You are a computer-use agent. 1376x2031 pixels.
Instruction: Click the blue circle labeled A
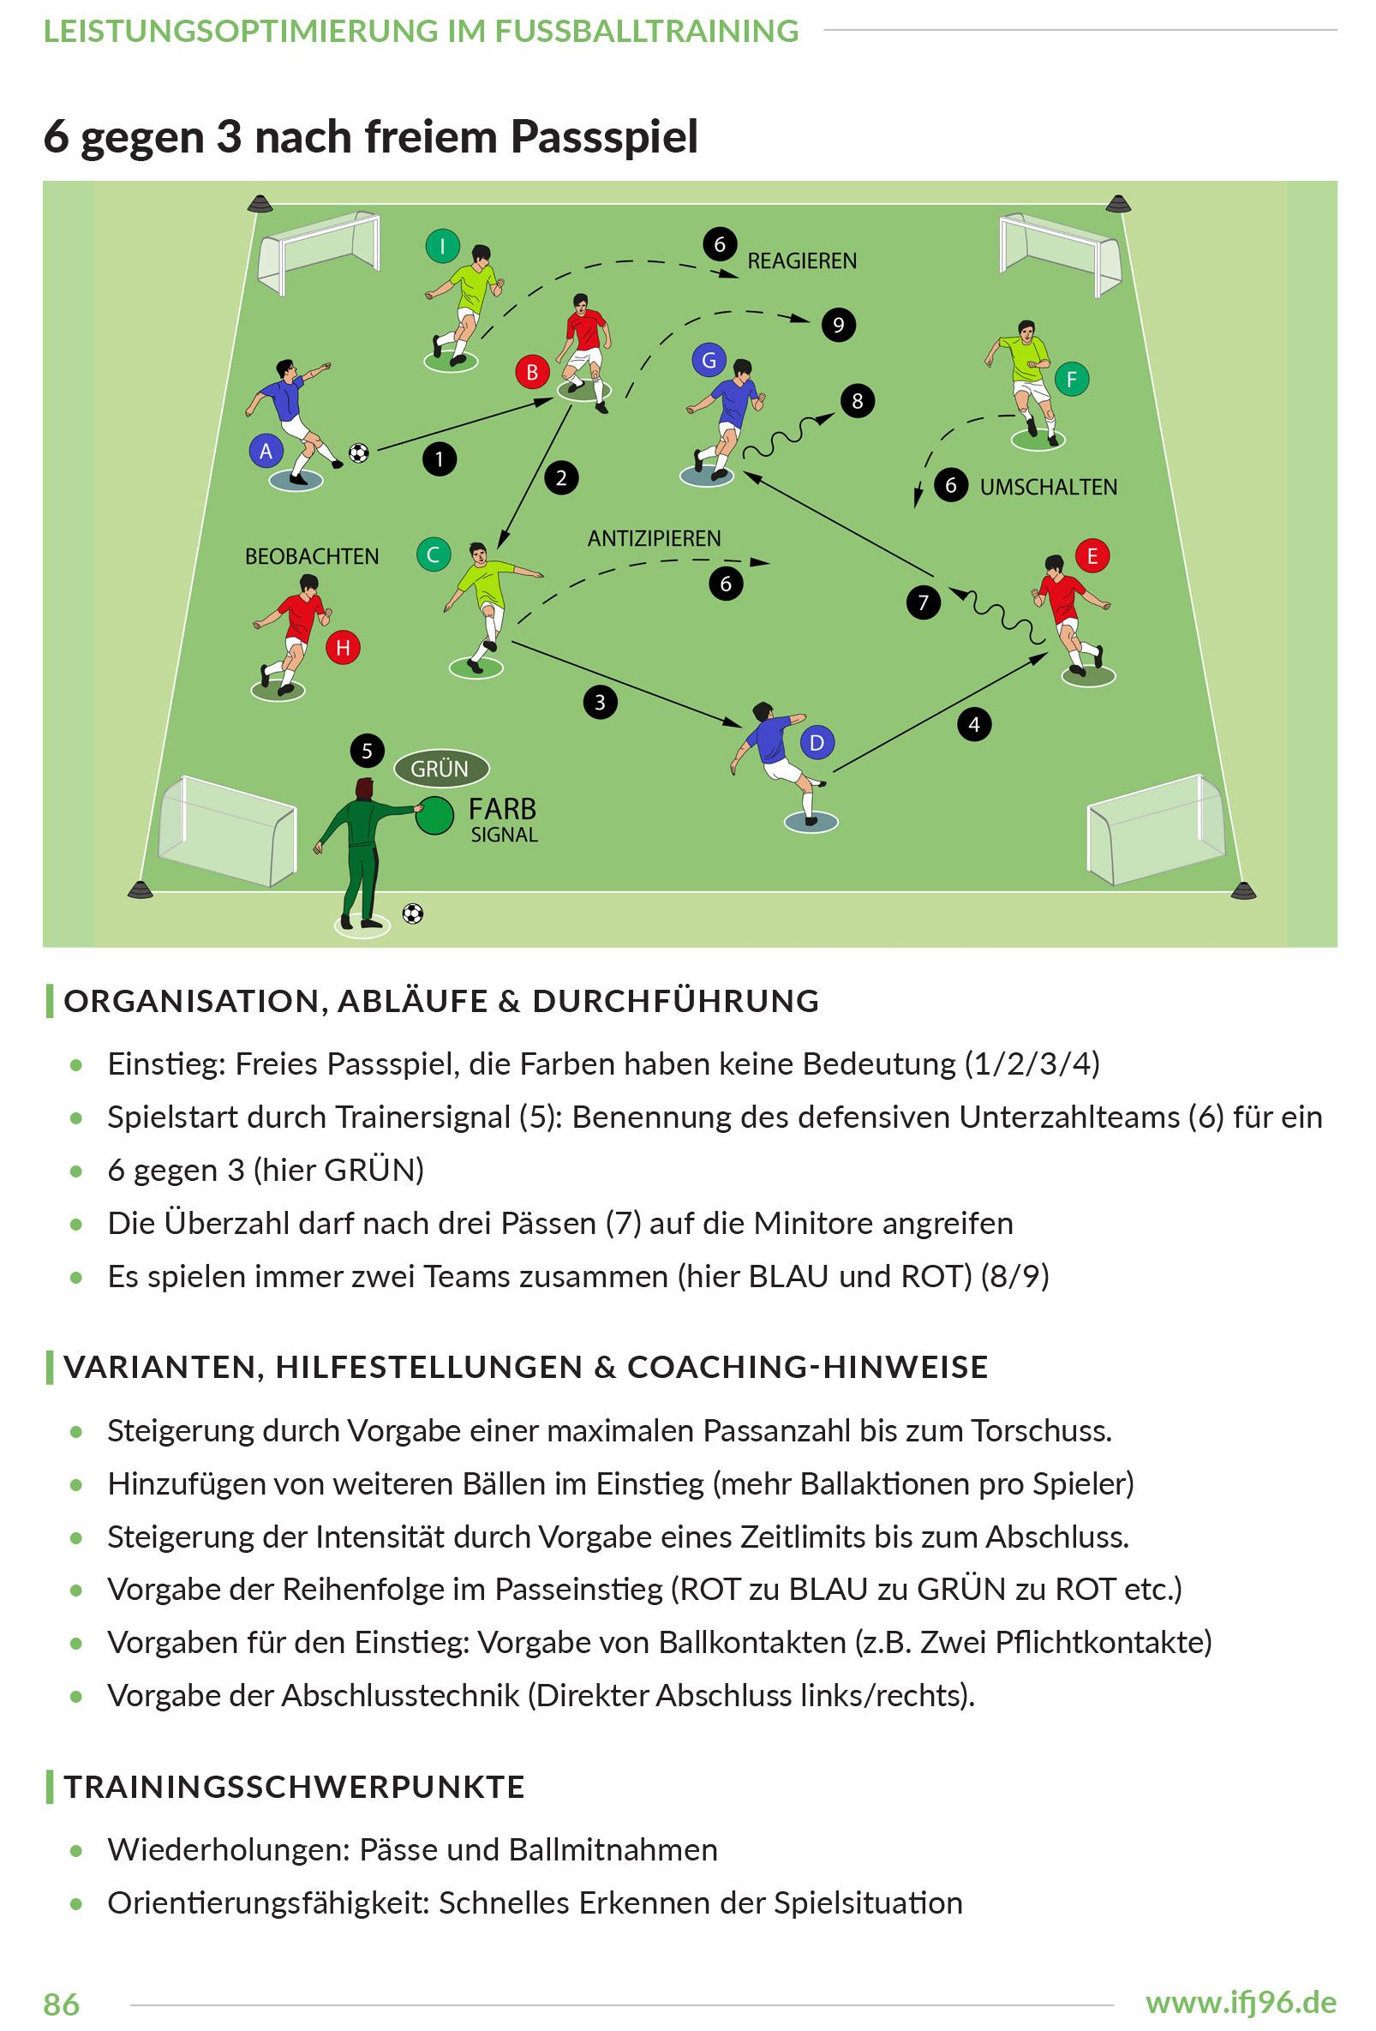266,451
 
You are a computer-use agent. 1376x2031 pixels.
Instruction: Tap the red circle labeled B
531,372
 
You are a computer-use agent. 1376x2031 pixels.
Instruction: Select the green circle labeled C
434,554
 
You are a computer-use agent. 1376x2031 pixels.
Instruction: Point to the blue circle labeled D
817,743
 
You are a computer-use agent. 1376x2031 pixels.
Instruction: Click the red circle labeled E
1092,556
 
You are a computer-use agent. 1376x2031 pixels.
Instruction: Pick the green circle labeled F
1071,380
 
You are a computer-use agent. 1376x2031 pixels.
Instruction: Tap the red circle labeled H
343,648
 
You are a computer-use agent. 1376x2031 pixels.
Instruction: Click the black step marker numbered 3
600,702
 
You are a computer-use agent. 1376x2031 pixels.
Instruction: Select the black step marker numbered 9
838,325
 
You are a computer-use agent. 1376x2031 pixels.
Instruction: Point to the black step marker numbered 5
367,750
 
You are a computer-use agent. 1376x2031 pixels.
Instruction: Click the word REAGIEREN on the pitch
801,261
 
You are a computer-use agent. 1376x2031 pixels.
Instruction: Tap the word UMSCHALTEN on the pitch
1048,487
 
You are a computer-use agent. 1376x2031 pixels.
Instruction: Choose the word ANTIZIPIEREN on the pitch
654,538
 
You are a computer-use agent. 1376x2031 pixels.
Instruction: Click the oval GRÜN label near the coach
440,769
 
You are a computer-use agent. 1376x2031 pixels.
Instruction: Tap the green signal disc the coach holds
434,815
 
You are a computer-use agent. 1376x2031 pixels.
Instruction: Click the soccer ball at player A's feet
358,452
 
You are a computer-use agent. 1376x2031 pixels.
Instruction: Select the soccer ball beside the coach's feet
412,914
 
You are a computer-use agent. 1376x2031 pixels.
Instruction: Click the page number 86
61,2004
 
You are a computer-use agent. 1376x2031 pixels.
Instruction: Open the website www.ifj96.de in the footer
1241,2001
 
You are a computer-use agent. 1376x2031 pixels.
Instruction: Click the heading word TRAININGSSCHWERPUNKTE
295,1786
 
